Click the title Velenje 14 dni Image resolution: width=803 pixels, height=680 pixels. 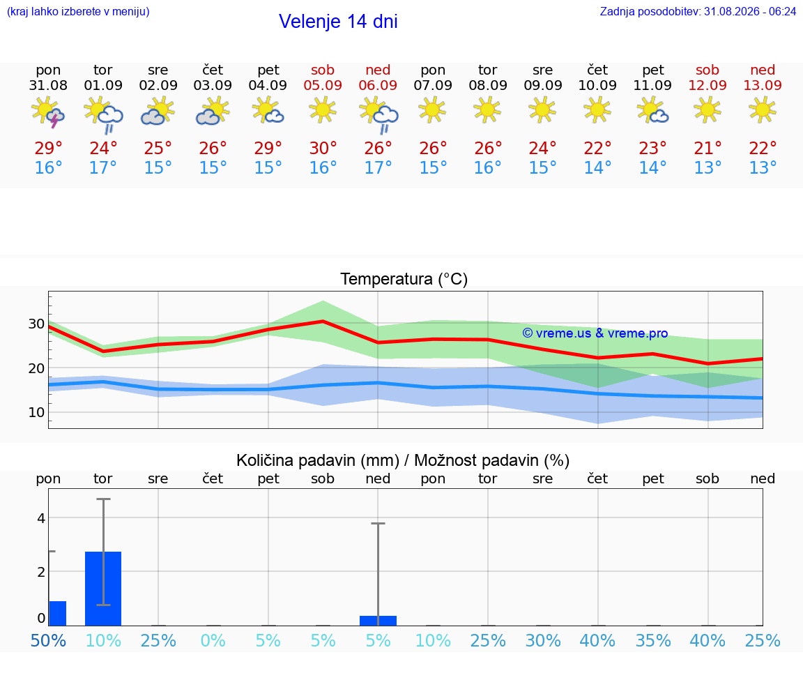tap(338, 22)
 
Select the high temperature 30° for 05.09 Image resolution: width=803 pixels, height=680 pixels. tap(323, 148)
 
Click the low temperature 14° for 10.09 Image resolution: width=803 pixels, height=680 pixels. tap(597, 167)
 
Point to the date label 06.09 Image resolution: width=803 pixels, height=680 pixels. tap(378, 85)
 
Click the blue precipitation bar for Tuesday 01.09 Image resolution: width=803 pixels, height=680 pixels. tap(103, 589)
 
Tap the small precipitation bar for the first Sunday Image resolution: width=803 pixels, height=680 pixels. tap(378, 621)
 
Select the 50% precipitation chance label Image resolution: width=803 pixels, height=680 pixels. tap(48, 640)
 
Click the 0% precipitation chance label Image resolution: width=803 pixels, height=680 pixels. tap(213, 640)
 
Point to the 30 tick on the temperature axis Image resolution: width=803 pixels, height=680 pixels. tap(36, 324)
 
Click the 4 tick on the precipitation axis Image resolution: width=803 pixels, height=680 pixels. tap(41, 518)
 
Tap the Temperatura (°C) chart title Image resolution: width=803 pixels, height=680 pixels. tap(404, 279)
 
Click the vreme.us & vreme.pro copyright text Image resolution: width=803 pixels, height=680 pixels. tap(595, 333)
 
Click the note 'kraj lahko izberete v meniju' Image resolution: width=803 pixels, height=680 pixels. tap(78, 11)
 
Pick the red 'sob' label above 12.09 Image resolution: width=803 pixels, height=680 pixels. tap(708, 70)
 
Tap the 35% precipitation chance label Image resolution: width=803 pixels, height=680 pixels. tap(653, 640)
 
